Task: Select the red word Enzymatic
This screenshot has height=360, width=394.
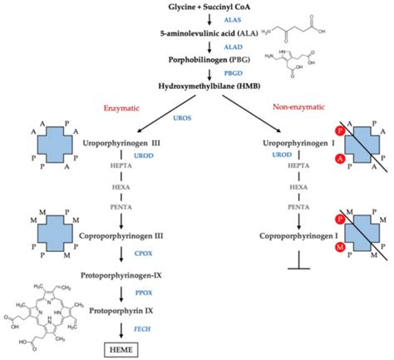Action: pyautogui.click(x=125, y=107)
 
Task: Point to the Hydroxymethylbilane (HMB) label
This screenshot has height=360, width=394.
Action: pyautogui.click(x=197, y=86)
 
